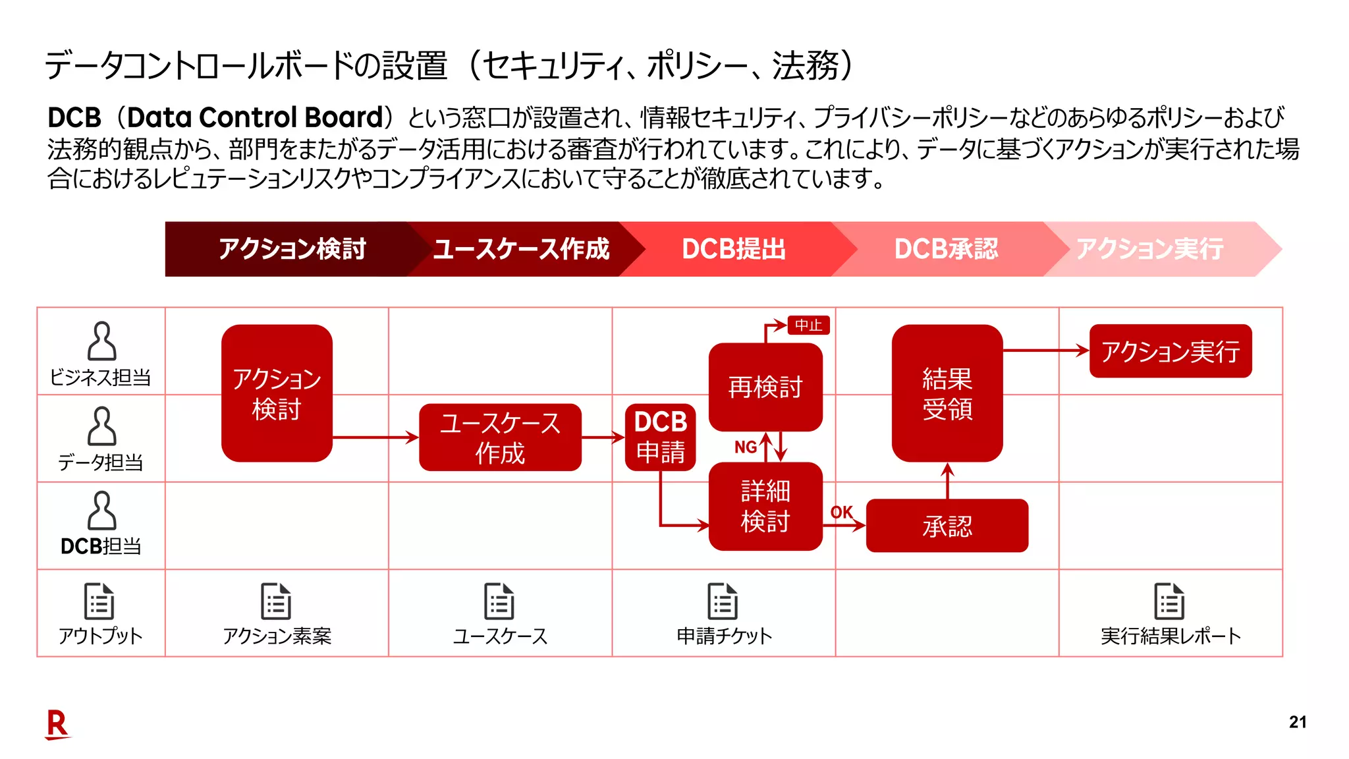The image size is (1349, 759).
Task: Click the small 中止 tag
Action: (808, 325)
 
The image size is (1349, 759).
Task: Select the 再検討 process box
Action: (765, 387)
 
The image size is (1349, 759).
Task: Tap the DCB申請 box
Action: (660, 437)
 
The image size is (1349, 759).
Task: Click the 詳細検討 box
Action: (765, 506)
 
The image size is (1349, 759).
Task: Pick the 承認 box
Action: (947, 526)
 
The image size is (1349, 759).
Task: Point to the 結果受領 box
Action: (947, 393)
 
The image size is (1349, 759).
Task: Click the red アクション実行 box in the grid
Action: (1170, 351)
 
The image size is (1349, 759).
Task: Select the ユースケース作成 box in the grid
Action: (500, 437)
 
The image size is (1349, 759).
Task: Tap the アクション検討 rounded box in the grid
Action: (277, 393)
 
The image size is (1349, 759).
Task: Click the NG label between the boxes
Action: (746, 447)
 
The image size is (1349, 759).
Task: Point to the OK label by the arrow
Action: (841, 512)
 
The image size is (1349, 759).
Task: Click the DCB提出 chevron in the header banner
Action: (734, 249)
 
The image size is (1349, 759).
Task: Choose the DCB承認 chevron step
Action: (946, 249)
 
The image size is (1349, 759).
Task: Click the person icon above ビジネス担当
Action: (101, 341)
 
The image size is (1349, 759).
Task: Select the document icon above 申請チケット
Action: (723, 601)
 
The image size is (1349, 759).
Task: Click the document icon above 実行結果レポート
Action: (1169, 601)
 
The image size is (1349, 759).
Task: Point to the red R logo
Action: (57, 725)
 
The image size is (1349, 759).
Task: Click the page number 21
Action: (1297, 722)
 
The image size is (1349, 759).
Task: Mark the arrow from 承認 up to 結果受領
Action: (947, 480)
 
